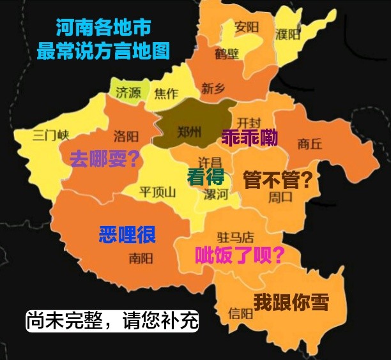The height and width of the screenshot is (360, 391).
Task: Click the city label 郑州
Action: [188, 132]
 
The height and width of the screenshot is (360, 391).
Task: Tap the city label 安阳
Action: [247, 27]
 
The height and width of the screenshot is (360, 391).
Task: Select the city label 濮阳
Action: [287, 33]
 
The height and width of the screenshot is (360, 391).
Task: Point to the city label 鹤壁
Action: [227, 54]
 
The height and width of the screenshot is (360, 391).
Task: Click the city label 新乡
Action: [213, 89]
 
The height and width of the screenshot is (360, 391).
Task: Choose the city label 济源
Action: [128, 93]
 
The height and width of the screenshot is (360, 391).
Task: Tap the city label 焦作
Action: [166, 93]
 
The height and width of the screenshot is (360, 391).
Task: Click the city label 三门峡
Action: [50, 135]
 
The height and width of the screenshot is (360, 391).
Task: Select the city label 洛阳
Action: [126, 136]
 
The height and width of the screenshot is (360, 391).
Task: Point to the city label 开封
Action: [249, 122]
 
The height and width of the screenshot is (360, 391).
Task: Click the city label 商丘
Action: [310, 144]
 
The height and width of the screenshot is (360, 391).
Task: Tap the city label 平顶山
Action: [157, 191]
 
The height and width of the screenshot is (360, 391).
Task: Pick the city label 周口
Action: [280, 196]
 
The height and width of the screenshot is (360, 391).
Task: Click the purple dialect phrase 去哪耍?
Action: [105, 159]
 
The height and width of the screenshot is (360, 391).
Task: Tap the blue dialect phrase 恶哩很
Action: [127, 234]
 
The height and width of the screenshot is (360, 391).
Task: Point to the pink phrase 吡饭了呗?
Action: [240, 255]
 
